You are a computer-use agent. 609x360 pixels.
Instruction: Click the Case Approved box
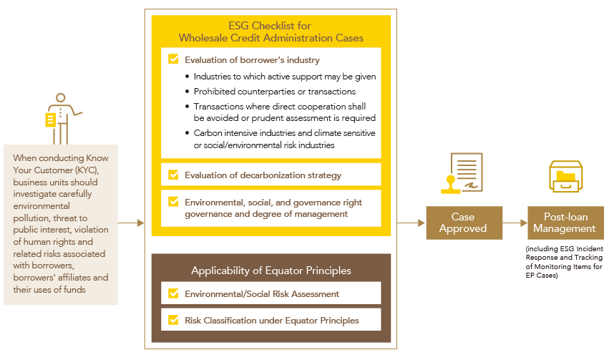pos(464,223)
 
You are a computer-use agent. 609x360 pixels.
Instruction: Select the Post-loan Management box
pos(565,223)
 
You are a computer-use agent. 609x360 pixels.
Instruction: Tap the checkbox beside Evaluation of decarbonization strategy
pos(173,175)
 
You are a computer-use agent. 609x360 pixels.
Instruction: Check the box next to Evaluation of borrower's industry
pos(173,59)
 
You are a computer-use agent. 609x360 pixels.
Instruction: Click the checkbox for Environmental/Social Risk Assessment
pos(173,293)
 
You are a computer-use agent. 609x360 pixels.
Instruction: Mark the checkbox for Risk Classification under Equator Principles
pos(173,320)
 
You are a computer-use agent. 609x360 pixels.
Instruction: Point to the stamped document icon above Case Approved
pos(462,173)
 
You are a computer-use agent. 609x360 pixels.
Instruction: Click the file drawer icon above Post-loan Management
pos(565,176)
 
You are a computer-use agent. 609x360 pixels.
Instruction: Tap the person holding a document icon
pos(62,119)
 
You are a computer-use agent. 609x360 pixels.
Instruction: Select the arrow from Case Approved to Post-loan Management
pos(515,223)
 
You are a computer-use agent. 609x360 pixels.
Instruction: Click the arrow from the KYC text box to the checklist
pos(131,223)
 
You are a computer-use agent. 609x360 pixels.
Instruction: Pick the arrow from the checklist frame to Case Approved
pos(411,223)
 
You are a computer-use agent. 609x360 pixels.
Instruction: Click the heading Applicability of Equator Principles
pos(271,271)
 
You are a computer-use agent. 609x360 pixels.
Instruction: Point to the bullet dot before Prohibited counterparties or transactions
pos(187,92)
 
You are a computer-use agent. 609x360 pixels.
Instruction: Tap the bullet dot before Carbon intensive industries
pos(187,133)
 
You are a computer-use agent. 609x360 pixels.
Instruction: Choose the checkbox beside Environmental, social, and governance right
pos(173,202)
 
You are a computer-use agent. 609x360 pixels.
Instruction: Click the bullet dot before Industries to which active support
pos(187,77)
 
